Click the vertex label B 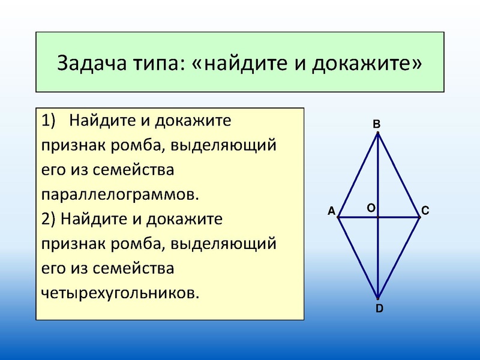[376, 124]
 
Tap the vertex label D [379, 309]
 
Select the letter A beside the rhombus [331, 211]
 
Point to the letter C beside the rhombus [425, 211]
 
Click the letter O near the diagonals [371, 207]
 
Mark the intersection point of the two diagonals [378, 217]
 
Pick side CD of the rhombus [399, 257]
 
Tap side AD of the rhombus [358, 257]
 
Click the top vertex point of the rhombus [378, 134]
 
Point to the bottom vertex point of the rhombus [378, 298]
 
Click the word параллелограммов [119, 195]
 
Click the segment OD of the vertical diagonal [378, 258]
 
